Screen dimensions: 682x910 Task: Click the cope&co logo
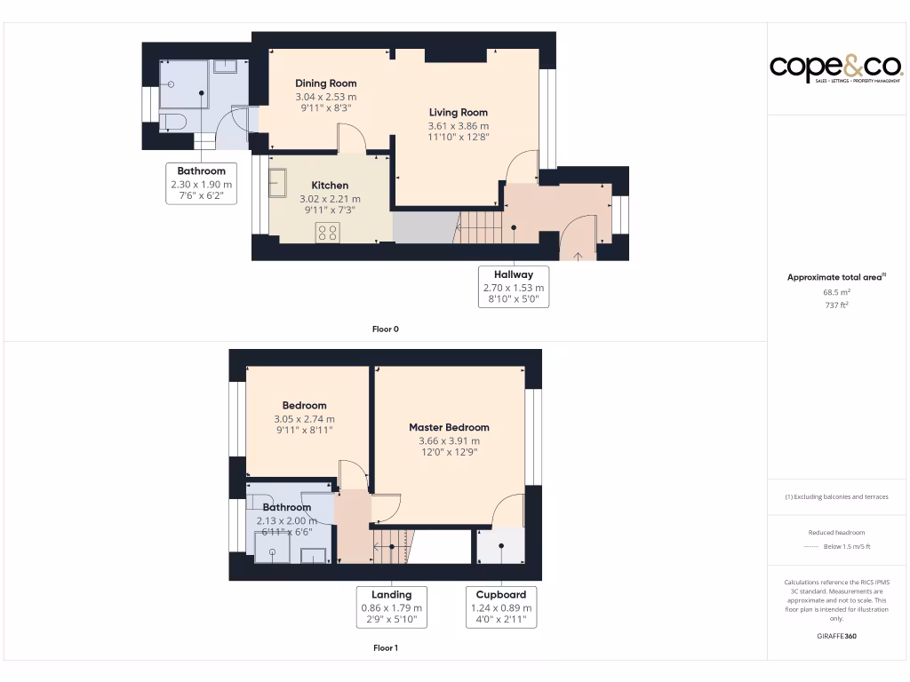click(836, 68)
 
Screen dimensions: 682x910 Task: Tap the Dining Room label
click(325, 83)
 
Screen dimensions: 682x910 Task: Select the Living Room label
click(458, 113)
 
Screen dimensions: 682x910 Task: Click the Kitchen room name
click(329, 186)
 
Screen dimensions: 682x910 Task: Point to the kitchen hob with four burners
click(327, 232)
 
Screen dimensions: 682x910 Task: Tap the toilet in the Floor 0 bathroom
click(171, 121)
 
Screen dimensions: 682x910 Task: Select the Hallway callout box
click(514, 287)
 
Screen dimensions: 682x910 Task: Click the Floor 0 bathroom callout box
click(202, 184)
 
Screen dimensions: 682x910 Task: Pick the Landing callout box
click(391, 607)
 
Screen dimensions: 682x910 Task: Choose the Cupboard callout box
click(501, 607)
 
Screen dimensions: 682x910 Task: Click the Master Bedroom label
click(449, 427)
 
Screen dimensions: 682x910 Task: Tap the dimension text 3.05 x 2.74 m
click(305, 419)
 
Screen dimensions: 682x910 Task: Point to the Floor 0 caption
click(385, 329)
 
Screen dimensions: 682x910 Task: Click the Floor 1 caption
click(385, 648)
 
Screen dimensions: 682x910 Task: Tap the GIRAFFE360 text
click(836, 636)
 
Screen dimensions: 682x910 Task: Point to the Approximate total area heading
click(835, 277)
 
